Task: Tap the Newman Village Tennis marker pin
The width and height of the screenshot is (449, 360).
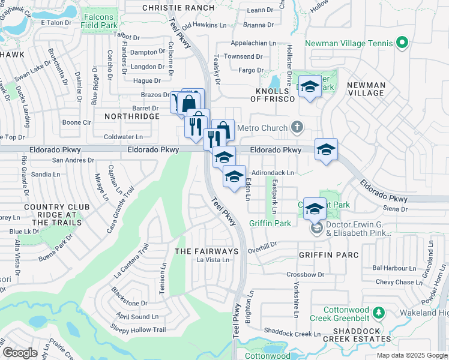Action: (402, 43)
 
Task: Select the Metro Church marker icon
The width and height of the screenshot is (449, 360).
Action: (297, 127)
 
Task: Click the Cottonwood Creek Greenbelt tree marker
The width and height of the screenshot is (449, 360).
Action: (378, 312)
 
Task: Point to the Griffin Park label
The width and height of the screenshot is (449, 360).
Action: (270, 223)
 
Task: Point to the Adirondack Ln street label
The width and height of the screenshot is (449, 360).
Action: (273, 173)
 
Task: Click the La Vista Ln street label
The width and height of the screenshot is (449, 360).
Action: (213, 260)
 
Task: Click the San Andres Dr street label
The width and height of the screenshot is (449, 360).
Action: (74, 160)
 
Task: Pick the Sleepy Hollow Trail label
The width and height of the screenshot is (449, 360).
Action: (138, 329)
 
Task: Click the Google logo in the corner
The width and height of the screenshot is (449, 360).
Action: (21, 353)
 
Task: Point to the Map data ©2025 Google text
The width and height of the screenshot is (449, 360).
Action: (411, 355)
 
